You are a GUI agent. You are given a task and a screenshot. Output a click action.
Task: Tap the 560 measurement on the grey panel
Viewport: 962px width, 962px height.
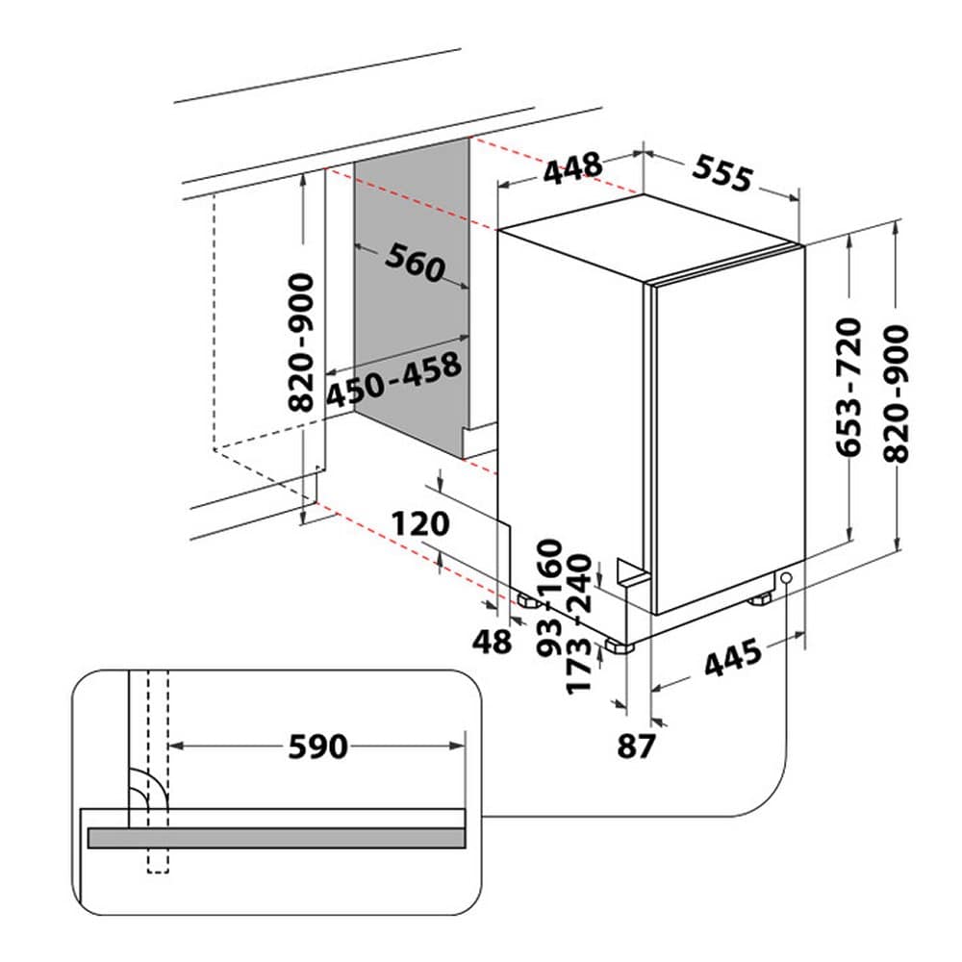click(x=415, y=262)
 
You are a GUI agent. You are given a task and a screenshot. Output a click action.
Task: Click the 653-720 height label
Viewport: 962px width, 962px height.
click(x=849, y=387)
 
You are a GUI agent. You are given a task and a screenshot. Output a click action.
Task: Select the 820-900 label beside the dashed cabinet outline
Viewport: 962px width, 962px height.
click(x=300, y=342)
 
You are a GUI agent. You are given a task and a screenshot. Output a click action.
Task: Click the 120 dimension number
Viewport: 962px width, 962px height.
click(x=420, y=524)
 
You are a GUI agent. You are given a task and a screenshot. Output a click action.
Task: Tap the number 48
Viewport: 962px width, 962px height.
click(x=492, y=642)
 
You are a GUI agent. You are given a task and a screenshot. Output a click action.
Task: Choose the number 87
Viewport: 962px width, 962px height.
click(x=636, y=747)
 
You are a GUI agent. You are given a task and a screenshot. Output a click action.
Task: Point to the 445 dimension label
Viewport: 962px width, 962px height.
click(x=733, y=657)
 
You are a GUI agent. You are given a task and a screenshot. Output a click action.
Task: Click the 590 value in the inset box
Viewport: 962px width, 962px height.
click(x=317, y=747)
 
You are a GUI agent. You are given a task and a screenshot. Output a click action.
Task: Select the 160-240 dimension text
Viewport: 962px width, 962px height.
click(x=564, y=576)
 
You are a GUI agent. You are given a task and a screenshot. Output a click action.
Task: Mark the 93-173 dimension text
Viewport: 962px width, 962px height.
click(x=564, y=654)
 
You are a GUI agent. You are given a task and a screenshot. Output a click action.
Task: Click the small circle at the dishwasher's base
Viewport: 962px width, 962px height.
click(x=786, y=577)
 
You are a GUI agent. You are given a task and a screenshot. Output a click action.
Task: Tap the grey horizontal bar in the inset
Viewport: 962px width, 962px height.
click(x=276, y=838)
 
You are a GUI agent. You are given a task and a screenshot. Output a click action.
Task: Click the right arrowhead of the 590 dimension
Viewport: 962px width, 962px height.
click(x=458, y=747)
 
